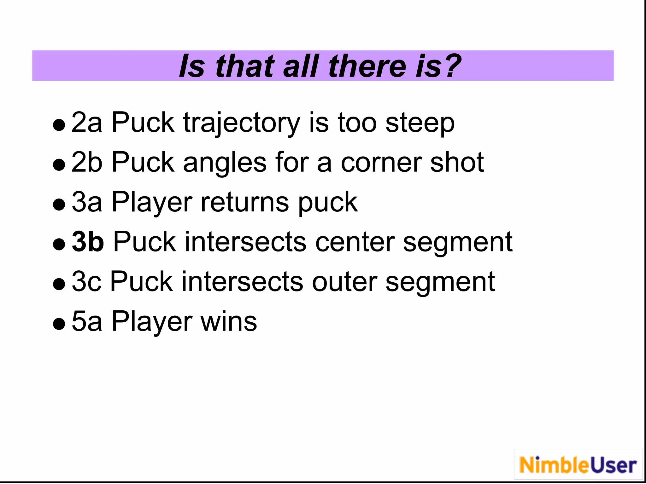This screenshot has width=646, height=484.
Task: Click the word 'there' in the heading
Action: tap(367, 66)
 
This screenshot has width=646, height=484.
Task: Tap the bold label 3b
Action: tap(88, 242)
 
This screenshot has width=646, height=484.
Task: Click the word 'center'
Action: tap(355, 242)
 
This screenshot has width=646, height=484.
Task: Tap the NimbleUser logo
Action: tap(578, 465)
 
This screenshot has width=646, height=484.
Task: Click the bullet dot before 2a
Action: tap(59, 125)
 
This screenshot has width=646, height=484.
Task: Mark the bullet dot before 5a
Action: tap(59, 324)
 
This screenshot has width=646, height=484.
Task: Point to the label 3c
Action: tap(86, 282)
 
